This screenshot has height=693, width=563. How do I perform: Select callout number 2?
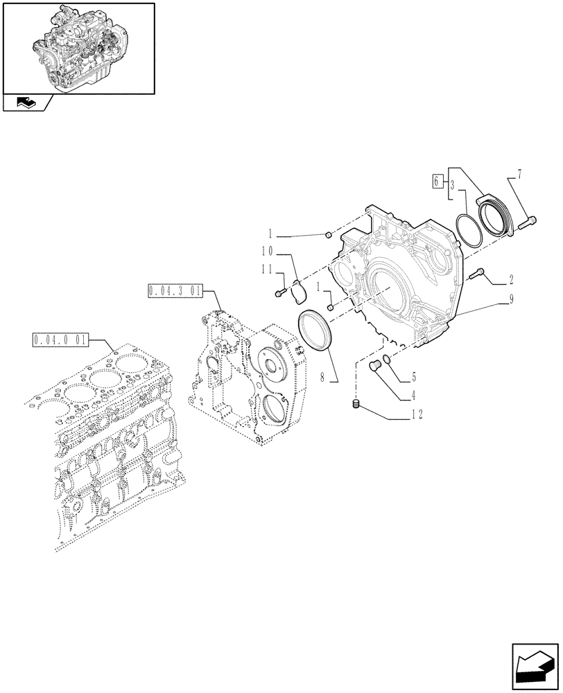click(x=511, y=280)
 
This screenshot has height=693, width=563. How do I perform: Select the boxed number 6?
click(x=437, y=182)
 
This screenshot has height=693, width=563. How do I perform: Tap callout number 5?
click(x=413, y=378)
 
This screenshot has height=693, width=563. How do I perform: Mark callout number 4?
click(x=414, y=396)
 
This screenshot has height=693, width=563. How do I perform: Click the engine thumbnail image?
click(x=78, y=47)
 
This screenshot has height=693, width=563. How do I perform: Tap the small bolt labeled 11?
click(x=280, y=294)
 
